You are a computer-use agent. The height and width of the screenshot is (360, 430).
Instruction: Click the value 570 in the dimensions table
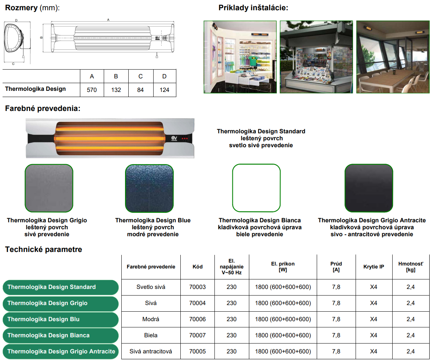(92, 90)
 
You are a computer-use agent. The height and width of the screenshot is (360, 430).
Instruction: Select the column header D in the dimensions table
(164, 76)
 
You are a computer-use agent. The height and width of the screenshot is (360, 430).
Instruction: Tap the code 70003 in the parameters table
(198, 287)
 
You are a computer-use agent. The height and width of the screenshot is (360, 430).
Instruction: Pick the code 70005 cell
(198, 352)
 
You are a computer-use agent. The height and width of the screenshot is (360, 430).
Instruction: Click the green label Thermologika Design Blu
(60, 319)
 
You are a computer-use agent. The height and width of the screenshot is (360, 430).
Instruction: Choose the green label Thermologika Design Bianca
(60, 335)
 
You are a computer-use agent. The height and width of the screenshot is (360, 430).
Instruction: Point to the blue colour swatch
(149, 188)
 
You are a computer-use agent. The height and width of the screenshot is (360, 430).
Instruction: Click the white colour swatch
(256, 188)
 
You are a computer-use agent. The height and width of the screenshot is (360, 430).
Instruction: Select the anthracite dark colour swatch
(369, 188)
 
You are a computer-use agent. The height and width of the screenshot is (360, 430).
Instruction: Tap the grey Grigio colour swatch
(49, 188)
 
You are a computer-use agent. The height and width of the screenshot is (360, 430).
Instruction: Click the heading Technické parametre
(44, 250)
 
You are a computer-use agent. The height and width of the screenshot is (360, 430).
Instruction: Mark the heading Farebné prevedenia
(43, 109)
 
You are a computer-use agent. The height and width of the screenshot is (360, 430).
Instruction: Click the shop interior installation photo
(240, 57)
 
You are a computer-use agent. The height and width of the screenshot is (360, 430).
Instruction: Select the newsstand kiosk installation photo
(316, 57)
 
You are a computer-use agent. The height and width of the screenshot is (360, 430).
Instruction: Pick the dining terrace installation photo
(393, 57)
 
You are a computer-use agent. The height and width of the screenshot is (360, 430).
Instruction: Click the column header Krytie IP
(374, 267)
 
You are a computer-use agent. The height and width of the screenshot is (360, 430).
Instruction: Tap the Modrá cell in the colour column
(151, 319)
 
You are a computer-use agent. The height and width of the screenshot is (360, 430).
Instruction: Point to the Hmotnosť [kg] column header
(411, 267)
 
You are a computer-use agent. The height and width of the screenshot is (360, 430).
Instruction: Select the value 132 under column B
(116, 90)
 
